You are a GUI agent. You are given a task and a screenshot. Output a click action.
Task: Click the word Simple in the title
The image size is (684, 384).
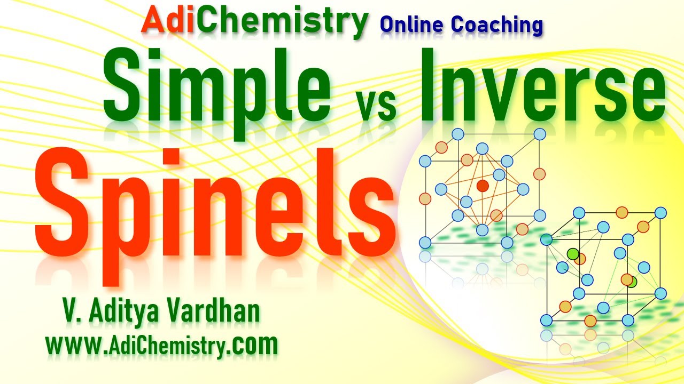point(216,85)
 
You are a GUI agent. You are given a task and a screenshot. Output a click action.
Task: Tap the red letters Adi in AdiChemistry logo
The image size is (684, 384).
point(167,21)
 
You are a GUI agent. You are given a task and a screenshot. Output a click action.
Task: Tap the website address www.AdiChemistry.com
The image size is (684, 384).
point(162,345)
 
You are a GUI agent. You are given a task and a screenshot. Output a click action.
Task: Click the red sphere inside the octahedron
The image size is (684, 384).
point(483,186)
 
